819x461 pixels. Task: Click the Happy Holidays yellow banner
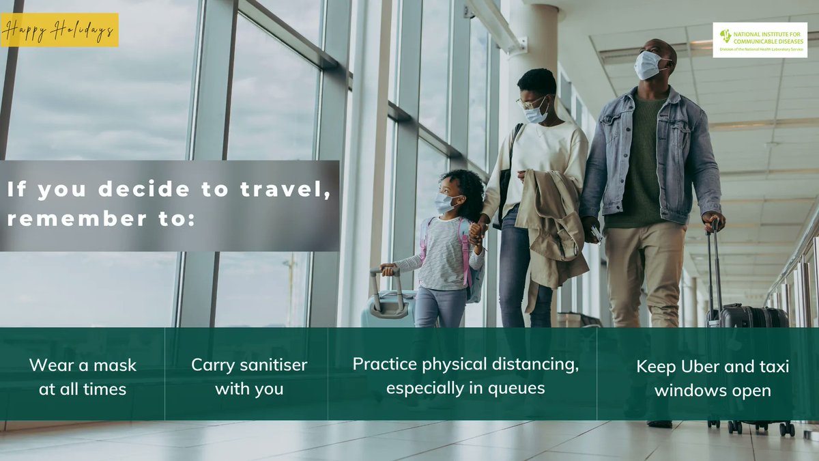coord(59,30)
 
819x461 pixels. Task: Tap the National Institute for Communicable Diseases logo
coord(760,40)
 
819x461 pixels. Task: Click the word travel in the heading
coord(291,191)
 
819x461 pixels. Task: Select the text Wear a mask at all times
coord(83,377)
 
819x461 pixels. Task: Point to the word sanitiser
coord(275,365)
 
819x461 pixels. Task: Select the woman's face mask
coord(536,113)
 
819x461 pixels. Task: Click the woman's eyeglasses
coord(530,102)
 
